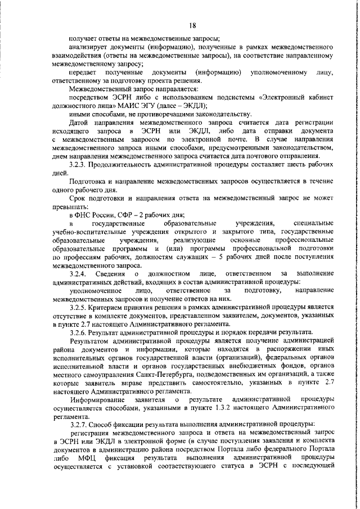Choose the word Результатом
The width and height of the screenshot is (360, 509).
(92, 341)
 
